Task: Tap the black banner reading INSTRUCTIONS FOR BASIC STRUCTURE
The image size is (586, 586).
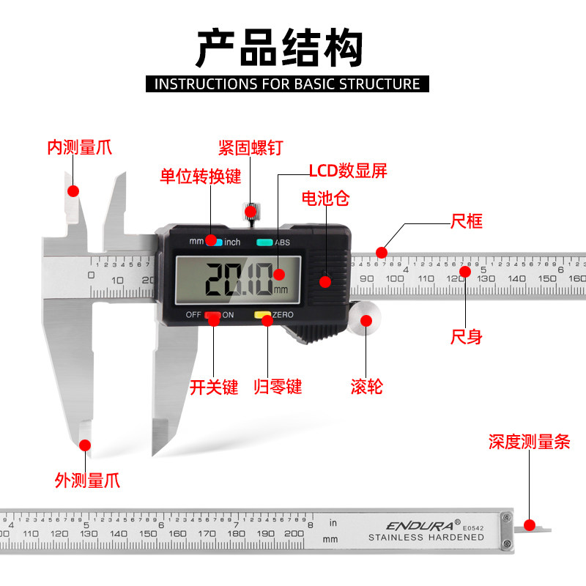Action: click(287, 84)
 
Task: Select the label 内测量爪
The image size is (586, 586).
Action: click(80, 148)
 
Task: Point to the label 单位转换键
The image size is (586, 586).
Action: click(201, 177)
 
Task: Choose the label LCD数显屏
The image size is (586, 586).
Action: click(347, 171)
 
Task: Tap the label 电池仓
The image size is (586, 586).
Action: click(326, 199)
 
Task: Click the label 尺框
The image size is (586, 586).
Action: click(466, 220)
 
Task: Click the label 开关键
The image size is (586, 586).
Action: click(214, 387)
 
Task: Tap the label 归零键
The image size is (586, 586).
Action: click(278, 387)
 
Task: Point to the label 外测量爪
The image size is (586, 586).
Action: click(87, 481)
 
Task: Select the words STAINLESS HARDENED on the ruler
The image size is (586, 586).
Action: click(426, 538)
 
